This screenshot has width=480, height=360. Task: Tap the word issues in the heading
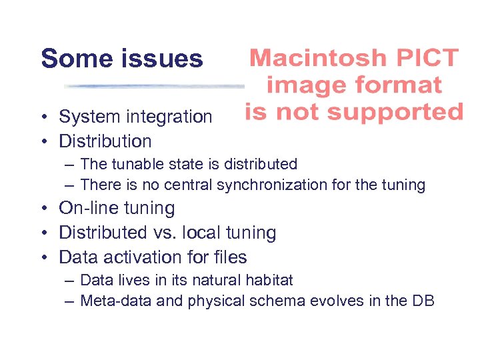click(162, 59)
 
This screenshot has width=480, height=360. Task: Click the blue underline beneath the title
click(153, 87)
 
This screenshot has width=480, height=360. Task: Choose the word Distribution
click(105, 141)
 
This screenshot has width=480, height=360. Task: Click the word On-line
click(84, 209)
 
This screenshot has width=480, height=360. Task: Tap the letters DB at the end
click(423, 301)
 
